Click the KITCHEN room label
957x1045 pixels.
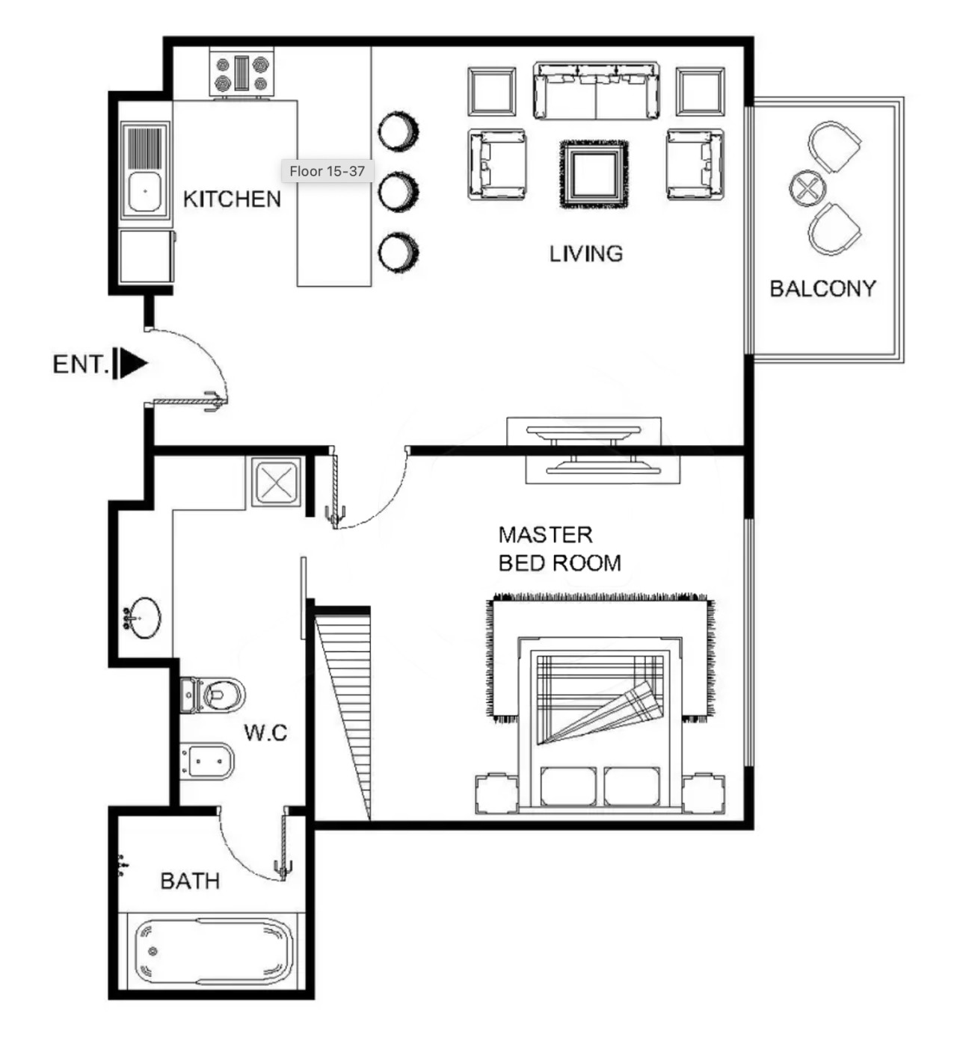pos(232,199)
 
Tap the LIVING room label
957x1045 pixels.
pos(586,254)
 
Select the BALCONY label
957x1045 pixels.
pos(823,288)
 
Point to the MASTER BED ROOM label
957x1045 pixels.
pos(559,549)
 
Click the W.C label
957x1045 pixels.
pos(265,733)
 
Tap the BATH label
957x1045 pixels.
pos(190,881)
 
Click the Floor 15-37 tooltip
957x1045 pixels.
pos(327,171)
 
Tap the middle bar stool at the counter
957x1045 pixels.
pos(399,191)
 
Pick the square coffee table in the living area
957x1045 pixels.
pos(594,175)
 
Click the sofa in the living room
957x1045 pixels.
pos(596,90)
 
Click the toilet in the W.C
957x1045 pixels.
pos(212,695)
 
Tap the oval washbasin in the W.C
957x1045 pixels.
pos(142,618)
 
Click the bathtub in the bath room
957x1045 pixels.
pos(214,952)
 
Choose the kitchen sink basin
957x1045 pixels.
pos(145,192)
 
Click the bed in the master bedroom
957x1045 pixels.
pos(600,724)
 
